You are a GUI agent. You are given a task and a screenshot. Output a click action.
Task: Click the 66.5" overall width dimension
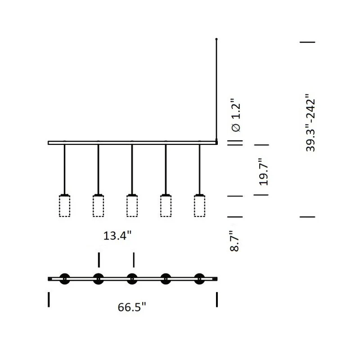click(x=132, y=307)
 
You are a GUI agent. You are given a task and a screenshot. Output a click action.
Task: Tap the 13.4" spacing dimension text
click(x=117, y=235)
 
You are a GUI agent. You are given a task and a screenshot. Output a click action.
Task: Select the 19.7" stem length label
click(x=264, y=172)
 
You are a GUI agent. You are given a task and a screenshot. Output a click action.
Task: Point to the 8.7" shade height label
click(x=234, y=241)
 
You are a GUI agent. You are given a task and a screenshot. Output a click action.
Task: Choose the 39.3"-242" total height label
click(x=310, y=122)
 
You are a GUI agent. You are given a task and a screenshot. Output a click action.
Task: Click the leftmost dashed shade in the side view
click(x=64, y=206)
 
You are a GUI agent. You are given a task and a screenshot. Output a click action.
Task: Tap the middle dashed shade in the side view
click(x=132, y=206)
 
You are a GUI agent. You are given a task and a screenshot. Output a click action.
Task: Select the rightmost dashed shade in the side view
click(x=199, y=206)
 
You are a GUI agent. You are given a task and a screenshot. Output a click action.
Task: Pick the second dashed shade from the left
click(x=98, y=206)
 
